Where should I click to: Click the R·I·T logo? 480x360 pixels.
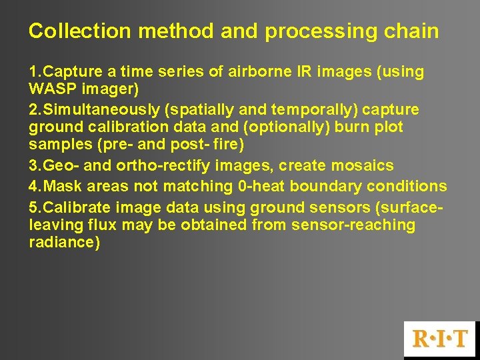click(x=441, y=339)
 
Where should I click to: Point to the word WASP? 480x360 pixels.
click(x=51, y=89)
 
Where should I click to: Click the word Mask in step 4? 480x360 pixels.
click(x=61, y=186)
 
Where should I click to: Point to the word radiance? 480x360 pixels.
click(x=64, y=243)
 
